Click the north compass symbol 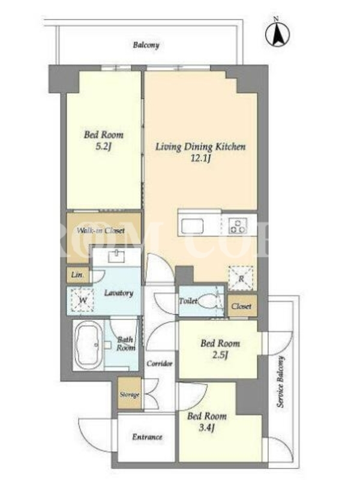(277, 34)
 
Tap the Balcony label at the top (146, 46)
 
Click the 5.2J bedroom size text (103, 146)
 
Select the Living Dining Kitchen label (200, 146)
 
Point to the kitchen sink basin (192, 227)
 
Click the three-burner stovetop (238, 226)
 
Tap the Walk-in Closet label (101, 230)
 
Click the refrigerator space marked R (241, 278)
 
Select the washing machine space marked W (82, 301)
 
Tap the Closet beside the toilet (242, 305)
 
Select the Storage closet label (130, 395)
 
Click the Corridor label (160, 364)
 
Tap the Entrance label (147, 437)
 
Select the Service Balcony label (281, 382)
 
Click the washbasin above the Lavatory (116, 257)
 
